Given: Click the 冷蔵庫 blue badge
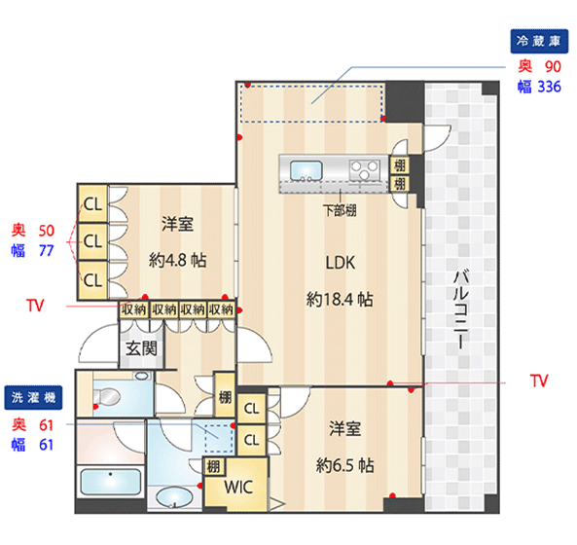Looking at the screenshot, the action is (539, 41).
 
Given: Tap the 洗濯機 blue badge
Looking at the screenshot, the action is (33, 397).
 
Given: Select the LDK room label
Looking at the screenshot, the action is (341, 263).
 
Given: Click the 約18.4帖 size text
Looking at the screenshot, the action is (340, 299).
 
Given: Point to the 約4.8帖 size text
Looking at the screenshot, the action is (177, 260).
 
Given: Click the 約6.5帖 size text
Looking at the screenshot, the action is (344, 465).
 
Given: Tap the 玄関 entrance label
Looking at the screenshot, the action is (141, 348).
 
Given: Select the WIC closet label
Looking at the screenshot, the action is (238, 487).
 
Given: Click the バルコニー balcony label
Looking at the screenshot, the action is (460, 309).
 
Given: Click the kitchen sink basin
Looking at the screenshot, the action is (307, 170).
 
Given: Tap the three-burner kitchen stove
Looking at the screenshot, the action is (364, 170).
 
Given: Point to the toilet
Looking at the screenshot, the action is (107, 397).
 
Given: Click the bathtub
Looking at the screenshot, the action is (110, 482).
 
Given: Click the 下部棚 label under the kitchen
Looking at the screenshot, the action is (340, 210).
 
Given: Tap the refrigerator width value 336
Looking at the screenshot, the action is (549, 87).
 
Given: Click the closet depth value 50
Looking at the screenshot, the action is (47, 231).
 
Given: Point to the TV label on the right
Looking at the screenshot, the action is (539, 381).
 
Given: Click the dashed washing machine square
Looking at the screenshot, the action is (219, 439).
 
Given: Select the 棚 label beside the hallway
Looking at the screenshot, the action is (225, 397).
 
